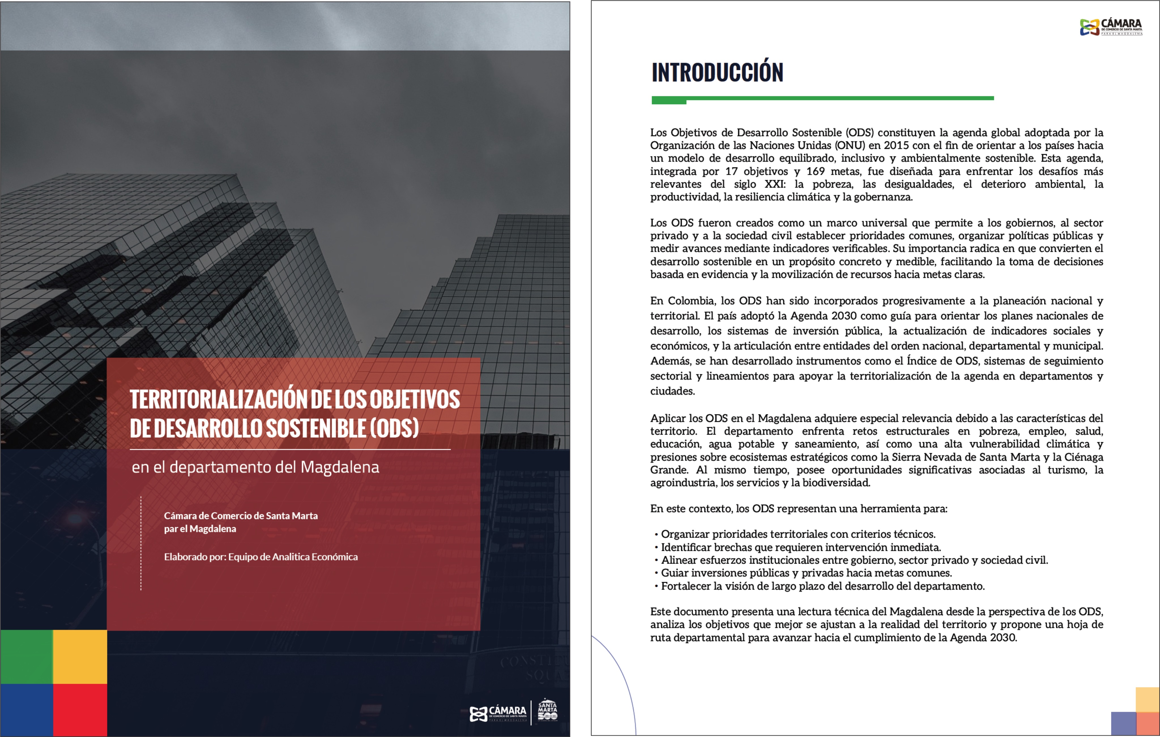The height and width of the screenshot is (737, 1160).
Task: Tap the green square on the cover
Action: pyautogui.click(x=27, y=657)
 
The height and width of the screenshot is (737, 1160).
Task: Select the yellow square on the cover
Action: pyautogui.click(x=80, y=657)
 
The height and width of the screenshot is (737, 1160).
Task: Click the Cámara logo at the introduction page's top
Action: pyautogui.click(x=1110, y=27)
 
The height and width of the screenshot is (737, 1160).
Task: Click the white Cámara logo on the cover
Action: pyautogui.click(x=498, y=713)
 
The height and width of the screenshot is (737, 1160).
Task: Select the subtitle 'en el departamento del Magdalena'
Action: pyautogui.click(x=255, y=467)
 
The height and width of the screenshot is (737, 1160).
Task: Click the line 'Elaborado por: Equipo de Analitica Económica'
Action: pyautogui.click(x=261, y=557)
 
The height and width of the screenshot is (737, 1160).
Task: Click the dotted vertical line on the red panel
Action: pyautogui.click(x=141, y=543)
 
